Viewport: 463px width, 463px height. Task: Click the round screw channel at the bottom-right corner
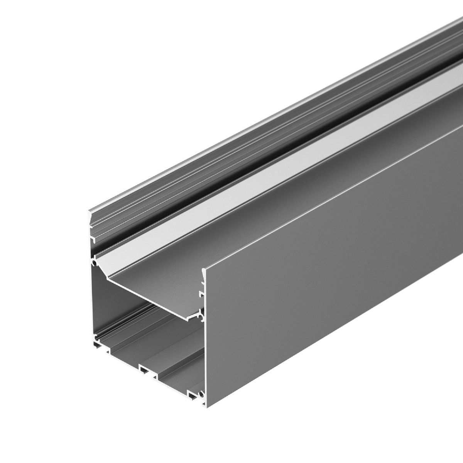201,394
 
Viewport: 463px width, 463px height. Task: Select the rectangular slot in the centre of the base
145,370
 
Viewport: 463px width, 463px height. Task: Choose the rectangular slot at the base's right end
192,394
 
